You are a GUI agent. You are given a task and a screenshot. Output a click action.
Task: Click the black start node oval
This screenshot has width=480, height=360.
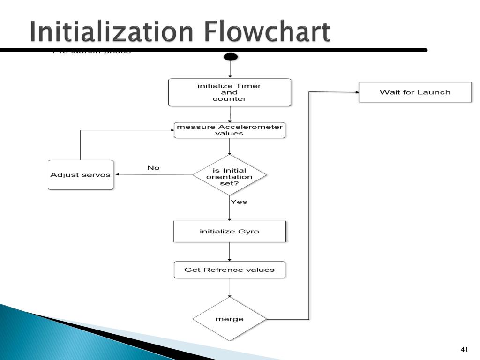pyautogui.click(x=231, y=57)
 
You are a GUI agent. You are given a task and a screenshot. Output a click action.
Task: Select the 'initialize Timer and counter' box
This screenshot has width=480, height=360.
pyautogui.click(x=230, y=92)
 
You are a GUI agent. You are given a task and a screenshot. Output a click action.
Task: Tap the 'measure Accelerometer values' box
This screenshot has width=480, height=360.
pyautogui.click(x=230, y=130)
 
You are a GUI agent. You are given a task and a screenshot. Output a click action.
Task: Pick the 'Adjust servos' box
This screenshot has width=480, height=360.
pyautogui.click(x=81, y=175)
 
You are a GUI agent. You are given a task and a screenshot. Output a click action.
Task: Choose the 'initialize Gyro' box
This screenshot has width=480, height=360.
pyautogui.click(x=230, y=232)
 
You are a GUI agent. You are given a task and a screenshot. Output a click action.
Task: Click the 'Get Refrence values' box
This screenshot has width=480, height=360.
pyautogui.click(x=230, y=270)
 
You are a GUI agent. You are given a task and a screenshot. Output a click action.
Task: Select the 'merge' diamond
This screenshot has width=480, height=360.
pyautogui.click(x=230, y=319)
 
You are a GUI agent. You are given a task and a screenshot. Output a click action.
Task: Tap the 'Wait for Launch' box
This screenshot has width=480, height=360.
pyautogui.click(x=415, y=92)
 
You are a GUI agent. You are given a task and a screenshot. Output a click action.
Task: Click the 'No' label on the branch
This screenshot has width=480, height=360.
pyautogui.click(x=153, y=168)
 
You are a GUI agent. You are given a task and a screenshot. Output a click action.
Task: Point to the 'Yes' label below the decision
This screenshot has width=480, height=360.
pyautogui.click(x=239, y=202)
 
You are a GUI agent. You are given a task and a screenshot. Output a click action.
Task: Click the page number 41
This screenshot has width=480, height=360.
pyautogui.click(x=465, y=349)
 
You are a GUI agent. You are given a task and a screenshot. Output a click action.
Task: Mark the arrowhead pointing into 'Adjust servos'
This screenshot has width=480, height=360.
pyautogui.click(x=117, y=174)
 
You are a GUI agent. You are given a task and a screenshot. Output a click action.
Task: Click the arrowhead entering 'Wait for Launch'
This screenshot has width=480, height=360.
pyautogui.click(x=356, y=92)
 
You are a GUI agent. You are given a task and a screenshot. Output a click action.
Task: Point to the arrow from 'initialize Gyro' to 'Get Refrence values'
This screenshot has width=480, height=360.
pyautogui.click(x=230, y=252)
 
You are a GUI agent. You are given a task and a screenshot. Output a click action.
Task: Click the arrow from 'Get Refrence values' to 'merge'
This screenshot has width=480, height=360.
pyautogui.click(x=230, y=288)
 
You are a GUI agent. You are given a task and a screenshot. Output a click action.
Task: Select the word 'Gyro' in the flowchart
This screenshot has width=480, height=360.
pyautogui.click(x=249, y=232)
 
